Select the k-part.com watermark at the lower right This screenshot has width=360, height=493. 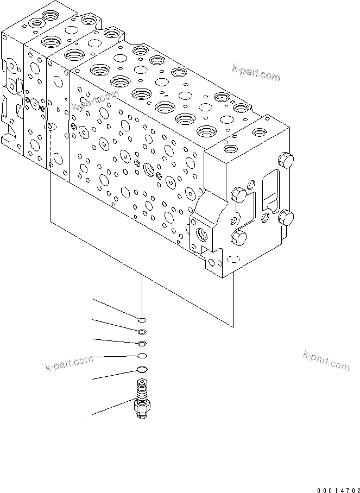[326, 361]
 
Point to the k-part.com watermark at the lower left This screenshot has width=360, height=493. [69, 366]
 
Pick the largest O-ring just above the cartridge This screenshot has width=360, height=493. [142, 370]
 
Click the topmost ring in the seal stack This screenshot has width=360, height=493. [141, 320]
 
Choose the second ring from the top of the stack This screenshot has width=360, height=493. [142, 332]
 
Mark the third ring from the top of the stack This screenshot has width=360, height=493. [142, 343]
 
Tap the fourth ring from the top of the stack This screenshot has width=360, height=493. [142, 356]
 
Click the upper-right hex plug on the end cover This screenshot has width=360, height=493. [286, 160]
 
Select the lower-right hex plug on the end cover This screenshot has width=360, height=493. [286, 219]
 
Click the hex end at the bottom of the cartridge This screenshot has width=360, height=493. [142, 415]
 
